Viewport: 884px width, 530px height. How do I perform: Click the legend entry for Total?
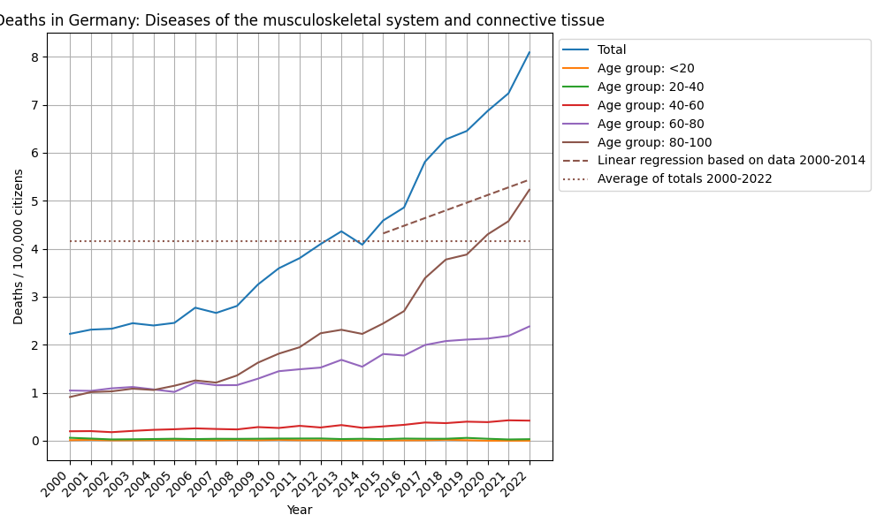612,50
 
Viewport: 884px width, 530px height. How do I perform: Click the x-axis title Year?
300,510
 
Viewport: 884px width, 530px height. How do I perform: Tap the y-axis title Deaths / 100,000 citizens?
19,246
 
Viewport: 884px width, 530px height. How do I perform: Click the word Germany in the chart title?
88,20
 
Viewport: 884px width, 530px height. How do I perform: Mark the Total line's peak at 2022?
530,52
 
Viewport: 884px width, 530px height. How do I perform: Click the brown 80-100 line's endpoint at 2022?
530,189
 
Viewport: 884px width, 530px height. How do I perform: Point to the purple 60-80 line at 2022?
530,327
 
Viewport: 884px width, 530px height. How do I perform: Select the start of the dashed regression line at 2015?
384,233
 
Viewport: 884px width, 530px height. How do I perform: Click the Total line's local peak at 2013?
341,231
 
